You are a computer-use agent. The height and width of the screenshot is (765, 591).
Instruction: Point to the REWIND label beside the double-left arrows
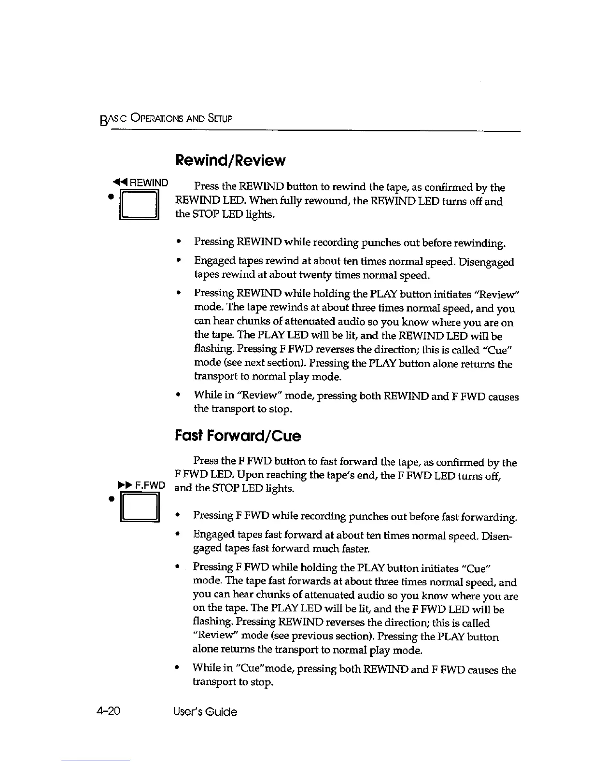tap(149, 183)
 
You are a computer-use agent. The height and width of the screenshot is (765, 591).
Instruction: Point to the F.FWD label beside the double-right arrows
tap(150, 485)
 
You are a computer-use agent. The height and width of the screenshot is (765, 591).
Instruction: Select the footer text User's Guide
tap(205, 711)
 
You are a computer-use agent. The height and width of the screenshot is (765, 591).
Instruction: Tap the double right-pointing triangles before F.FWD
tap(126, 485)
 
